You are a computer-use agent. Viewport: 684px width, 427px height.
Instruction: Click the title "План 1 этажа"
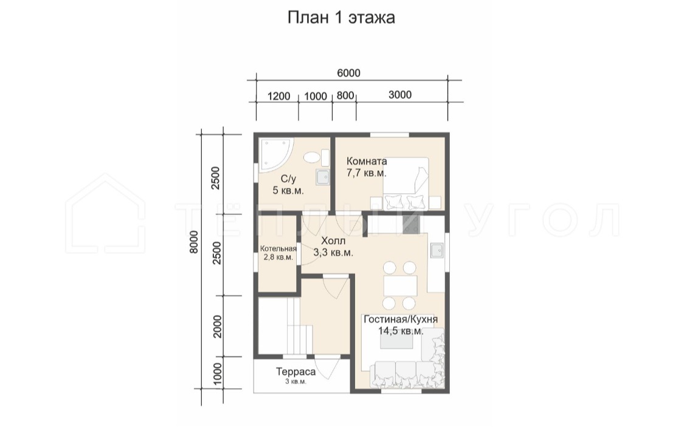[x=341, y=18]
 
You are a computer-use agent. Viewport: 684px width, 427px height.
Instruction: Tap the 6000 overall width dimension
[x=348, y=73]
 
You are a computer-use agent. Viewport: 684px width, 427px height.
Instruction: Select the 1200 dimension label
[x=278, y=96]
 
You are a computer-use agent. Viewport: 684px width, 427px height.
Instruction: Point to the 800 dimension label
[x=345, y=95]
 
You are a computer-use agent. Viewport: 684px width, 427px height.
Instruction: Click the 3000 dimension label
[x=399, y=95]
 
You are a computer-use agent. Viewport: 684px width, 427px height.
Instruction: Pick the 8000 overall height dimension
[x=194, y=241]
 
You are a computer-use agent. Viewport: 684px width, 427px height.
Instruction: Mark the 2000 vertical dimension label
[x=217, y=326]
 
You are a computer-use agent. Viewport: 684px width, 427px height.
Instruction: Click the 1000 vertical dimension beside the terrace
[x=217, y=374]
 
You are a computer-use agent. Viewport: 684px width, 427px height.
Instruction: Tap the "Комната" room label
[x=367, y=161]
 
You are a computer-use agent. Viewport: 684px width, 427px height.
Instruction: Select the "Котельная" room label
[x=278, y=249]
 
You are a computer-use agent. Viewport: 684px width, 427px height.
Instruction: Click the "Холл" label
[x=333, y=241]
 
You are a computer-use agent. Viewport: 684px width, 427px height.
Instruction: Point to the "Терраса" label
[x=295, y=372]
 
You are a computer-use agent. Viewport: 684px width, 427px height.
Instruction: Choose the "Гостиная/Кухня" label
[x=401, y=319]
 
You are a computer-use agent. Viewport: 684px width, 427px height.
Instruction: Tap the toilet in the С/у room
[x=313, y=157]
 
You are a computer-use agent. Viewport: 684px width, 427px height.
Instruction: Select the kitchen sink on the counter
[x=436, y=250]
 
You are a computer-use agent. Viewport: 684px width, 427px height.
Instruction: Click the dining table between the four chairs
[x=399, y=286]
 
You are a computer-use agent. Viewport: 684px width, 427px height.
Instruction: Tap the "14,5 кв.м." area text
[x=401, y=331]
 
